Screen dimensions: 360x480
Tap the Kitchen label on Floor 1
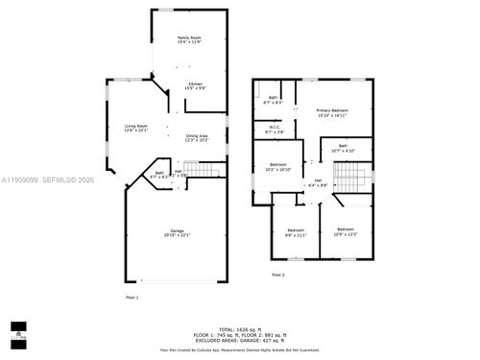tap(195, 85)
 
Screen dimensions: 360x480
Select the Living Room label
tap(136, 129)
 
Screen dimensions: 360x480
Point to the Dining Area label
tap(197, 138)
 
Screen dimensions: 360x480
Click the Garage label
tap(178, 233)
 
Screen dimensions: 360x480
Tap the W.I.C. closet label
tap(274, 130)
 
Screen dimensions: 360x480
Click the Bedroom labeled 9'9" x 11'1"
tap(296, 231)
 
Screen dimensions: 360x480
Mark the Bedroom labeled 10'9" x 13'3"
tap(346, 231)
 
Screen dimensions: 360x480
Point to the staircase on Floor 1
tap(204, 171)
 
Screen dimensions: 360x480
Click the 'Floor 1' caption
tap(132, 299)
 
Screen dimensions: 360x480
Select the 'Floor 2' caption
tap(278, 276)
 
